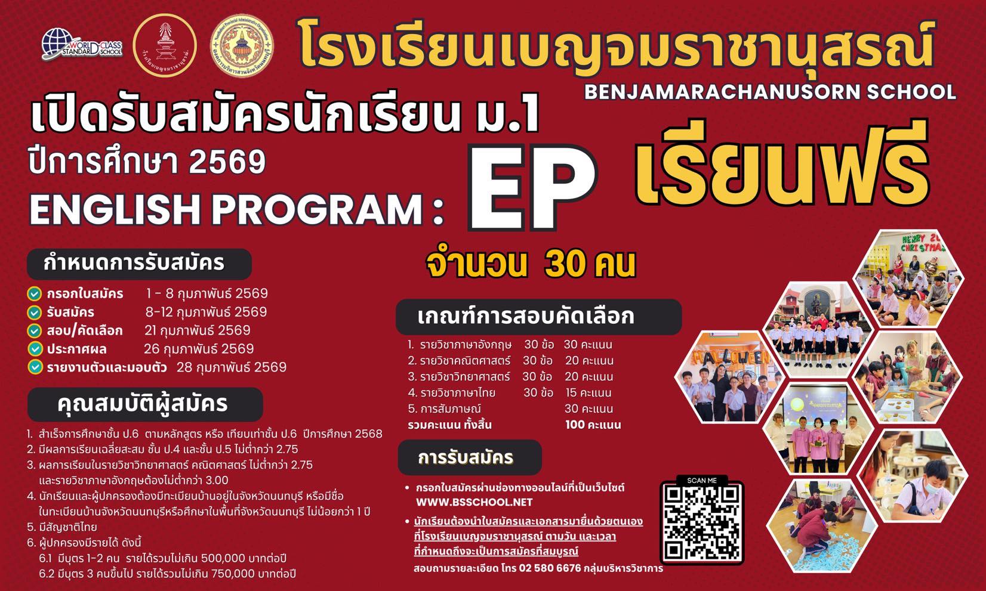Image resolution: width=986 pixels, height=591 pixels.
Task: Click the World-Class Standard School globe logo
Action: [82, 44]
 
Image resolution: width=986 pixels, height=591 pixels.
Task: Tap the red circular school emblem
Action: [165, 45]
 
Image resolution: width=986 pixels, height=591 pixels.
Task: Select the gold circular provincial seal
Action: [242, 44]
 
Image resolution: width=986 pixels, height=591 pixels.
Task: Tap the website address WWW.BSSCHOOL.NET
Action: [474, 502]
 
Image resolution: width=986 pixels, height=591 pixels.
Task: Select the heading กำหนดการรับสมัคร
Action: [134, 263]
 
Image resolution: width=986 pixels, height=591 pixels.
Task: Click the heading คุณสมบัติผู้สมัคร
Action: [143, 404]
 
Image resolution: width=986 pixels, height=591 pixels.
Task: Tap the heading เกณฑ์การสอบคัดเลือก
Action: [526, 316]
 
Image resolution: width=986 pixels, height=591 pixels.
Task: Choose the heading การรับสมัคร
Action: [466, 458]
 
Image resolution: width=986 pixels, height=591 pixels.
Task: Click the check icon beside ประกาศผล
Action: [35, 349]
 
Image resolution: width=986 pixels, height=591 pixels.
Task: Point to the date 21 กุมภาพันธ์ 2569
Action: [197, 330]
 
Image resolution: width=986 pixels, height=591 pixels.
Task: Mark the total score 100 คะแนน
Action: [593, 425]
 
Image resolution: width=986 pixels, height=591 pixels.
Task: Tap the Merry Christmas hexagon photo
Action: [908, 279]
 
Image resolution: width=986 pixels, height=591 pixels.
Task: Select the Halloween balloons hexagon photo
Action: [729, 378]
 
